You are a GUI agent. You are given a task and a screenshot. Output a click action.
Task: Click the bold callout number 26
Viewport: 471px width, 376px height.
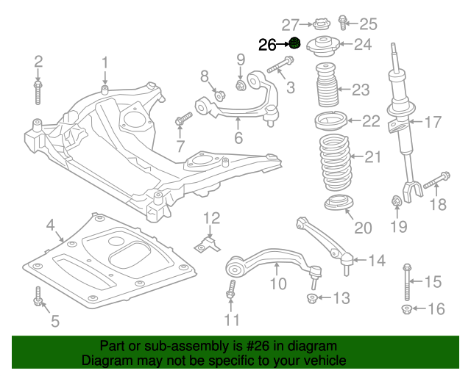[x=269, y=45]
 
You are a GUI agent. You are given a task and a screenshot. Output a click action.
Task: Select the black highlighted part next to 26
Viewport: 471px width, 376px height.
[x=294, y=43]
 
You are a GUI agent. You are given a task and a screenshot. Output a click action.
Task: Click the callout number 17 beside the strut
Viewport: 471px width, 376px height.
[x=432, y=121]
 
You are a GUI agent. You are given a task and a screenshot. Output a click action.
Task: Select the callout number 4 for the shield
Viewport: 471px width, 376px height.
[x=50, y=225]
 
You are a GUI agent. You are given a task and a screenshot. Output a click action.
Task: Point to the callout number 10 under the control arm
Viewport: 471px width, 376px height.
[x=277, y=283]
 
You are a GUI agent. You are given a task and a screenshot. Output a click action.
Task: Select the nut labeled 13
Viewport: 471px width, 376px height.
[x=311, y=298]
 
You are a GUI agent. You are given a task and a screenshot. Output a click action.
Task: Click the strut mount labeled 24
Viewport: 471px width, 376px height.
[x=322, y=46]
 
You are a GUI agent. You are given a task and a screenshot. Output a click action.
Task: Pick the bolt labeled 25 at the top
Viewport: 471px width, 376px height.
[x=343, y=23]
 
